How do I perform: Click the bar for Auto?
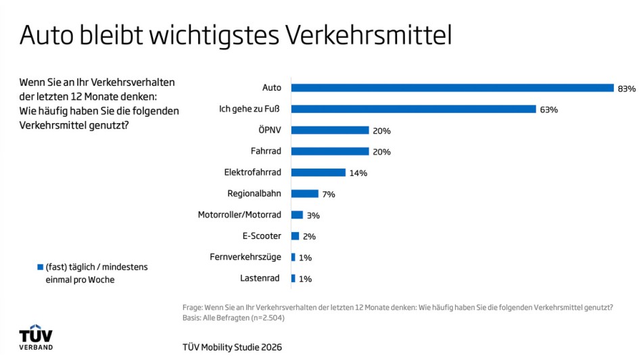pyautogui.click(x=452, y=88)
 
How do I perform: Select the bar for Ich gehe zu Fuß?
pyautogui.click(x=414, y=109)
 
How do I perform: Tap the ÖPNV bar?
pyautogui.click(x=330, y=130)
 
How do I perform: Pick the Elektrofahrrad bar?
pyautogui.click(x=318, y=173)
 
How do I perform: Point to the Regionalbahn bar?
pyautogui.click(x=305, y=194)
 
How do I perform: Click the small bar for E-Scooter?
pyautogui.click(x=295, y=236)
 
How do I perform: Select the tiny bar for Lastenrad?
pyautogui.click(x=293, y=279)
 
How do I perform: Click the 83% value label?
pyautogui.click(x=626, y=89)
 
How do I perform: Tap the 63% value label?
pyautogui.click(x=548, y=110)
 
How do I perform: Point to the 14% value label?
pyautogui.click(x=358, y=173)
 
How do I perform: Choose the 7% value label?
pyautogui.click(x=329, y=194)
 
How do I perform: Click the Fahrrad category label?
pyautogui.click(x=266, y=151)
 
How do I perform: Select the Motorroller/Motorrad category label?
pyautogui.click(x=239, y=215)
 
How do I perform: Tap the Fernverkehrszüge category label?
pyautogui.click(x=245, y=257)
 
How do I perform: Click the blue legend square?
pyautogui.click(x=41, y=267)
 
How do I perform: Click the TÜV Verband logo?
pyautogui.click(x=36, y=337)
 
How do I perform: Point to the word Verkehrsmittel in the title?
pyautogui.click(x=369, y=35)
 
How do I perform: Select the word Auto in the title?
pyautogui.click(x=47, y=35)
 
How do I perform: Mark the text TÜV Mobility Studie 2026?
pyautogui.click(x=232, y=347)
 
